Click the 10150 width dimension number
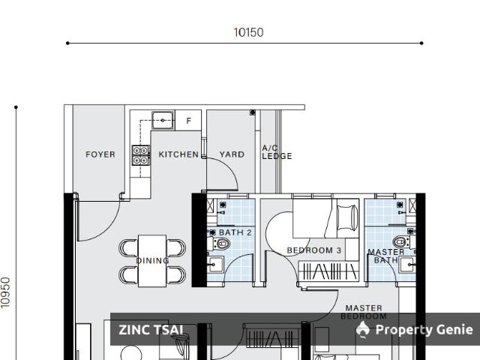tap(248, 32)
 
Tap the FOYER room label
tap(100, 154)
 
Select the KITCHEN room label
tap(178, 154)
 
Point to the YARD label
tap(232, 154)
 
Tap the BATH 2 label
tap(235, 232)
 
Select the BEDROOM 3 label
tap(314, 250)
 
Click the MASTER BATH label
tap(386, 256)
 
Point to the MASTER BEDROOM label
tap(364, 312)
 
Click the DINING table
tap(152, 260)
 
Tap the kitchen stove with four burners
tap(140, 154)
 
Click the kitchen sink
tap(162, 119)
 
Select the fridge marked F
tap(188, 120)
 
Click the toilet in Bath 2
tap(223, 243)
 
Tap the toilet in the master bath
tap(400, 241)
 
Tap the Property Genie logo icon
tap(363, 330)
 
